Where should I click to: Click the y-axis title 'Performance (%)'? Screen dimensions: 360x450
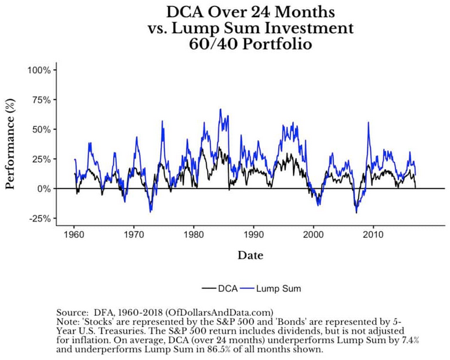coord(11,144)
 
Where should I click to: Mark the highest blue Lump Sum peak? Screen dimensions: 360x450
coord(221,109)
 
